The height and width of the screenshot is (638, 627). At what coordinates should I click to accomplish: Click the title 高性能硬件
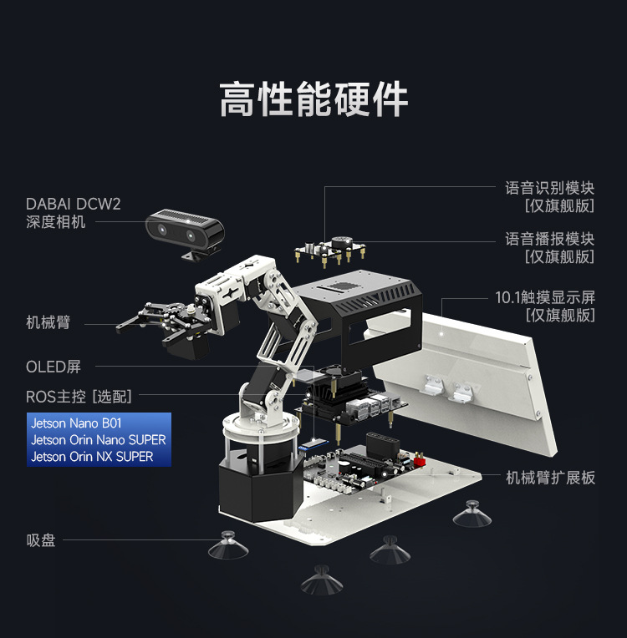coord(313,99)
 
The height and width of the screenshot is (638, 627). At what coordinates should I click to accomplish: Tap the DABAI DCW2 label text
coord(74,203)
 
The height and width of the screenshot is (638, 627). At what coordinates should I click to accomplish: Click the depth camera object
coord(186,230)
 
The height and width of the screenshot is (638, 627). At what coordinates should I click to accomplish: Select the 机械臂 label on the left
coord(48,322)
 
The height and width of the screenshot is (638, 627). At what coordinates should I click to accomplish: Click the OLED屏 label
coord(54,367)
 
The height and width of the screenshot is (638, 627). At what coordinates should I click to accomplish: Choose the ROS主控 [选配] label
coord(79,396)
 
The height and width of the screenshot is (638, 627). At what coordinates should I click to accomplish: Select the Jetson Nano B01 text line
coord(76,423)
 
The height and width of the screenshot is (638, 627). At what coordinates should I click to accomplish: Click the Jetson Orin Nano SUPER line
coord(98,440)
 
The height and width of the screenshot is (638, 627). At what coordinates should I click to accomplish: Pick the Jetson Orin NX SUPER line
coord(92,457)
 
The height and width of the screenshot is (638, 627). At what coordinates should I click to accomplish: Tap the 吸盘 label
coord(41,540)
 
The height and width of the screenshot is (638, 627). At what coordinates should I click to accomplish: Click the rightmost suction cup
coord(472,514)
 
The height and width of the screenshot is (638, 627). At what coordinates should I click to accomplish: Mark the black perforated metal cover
coord(359,309)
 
